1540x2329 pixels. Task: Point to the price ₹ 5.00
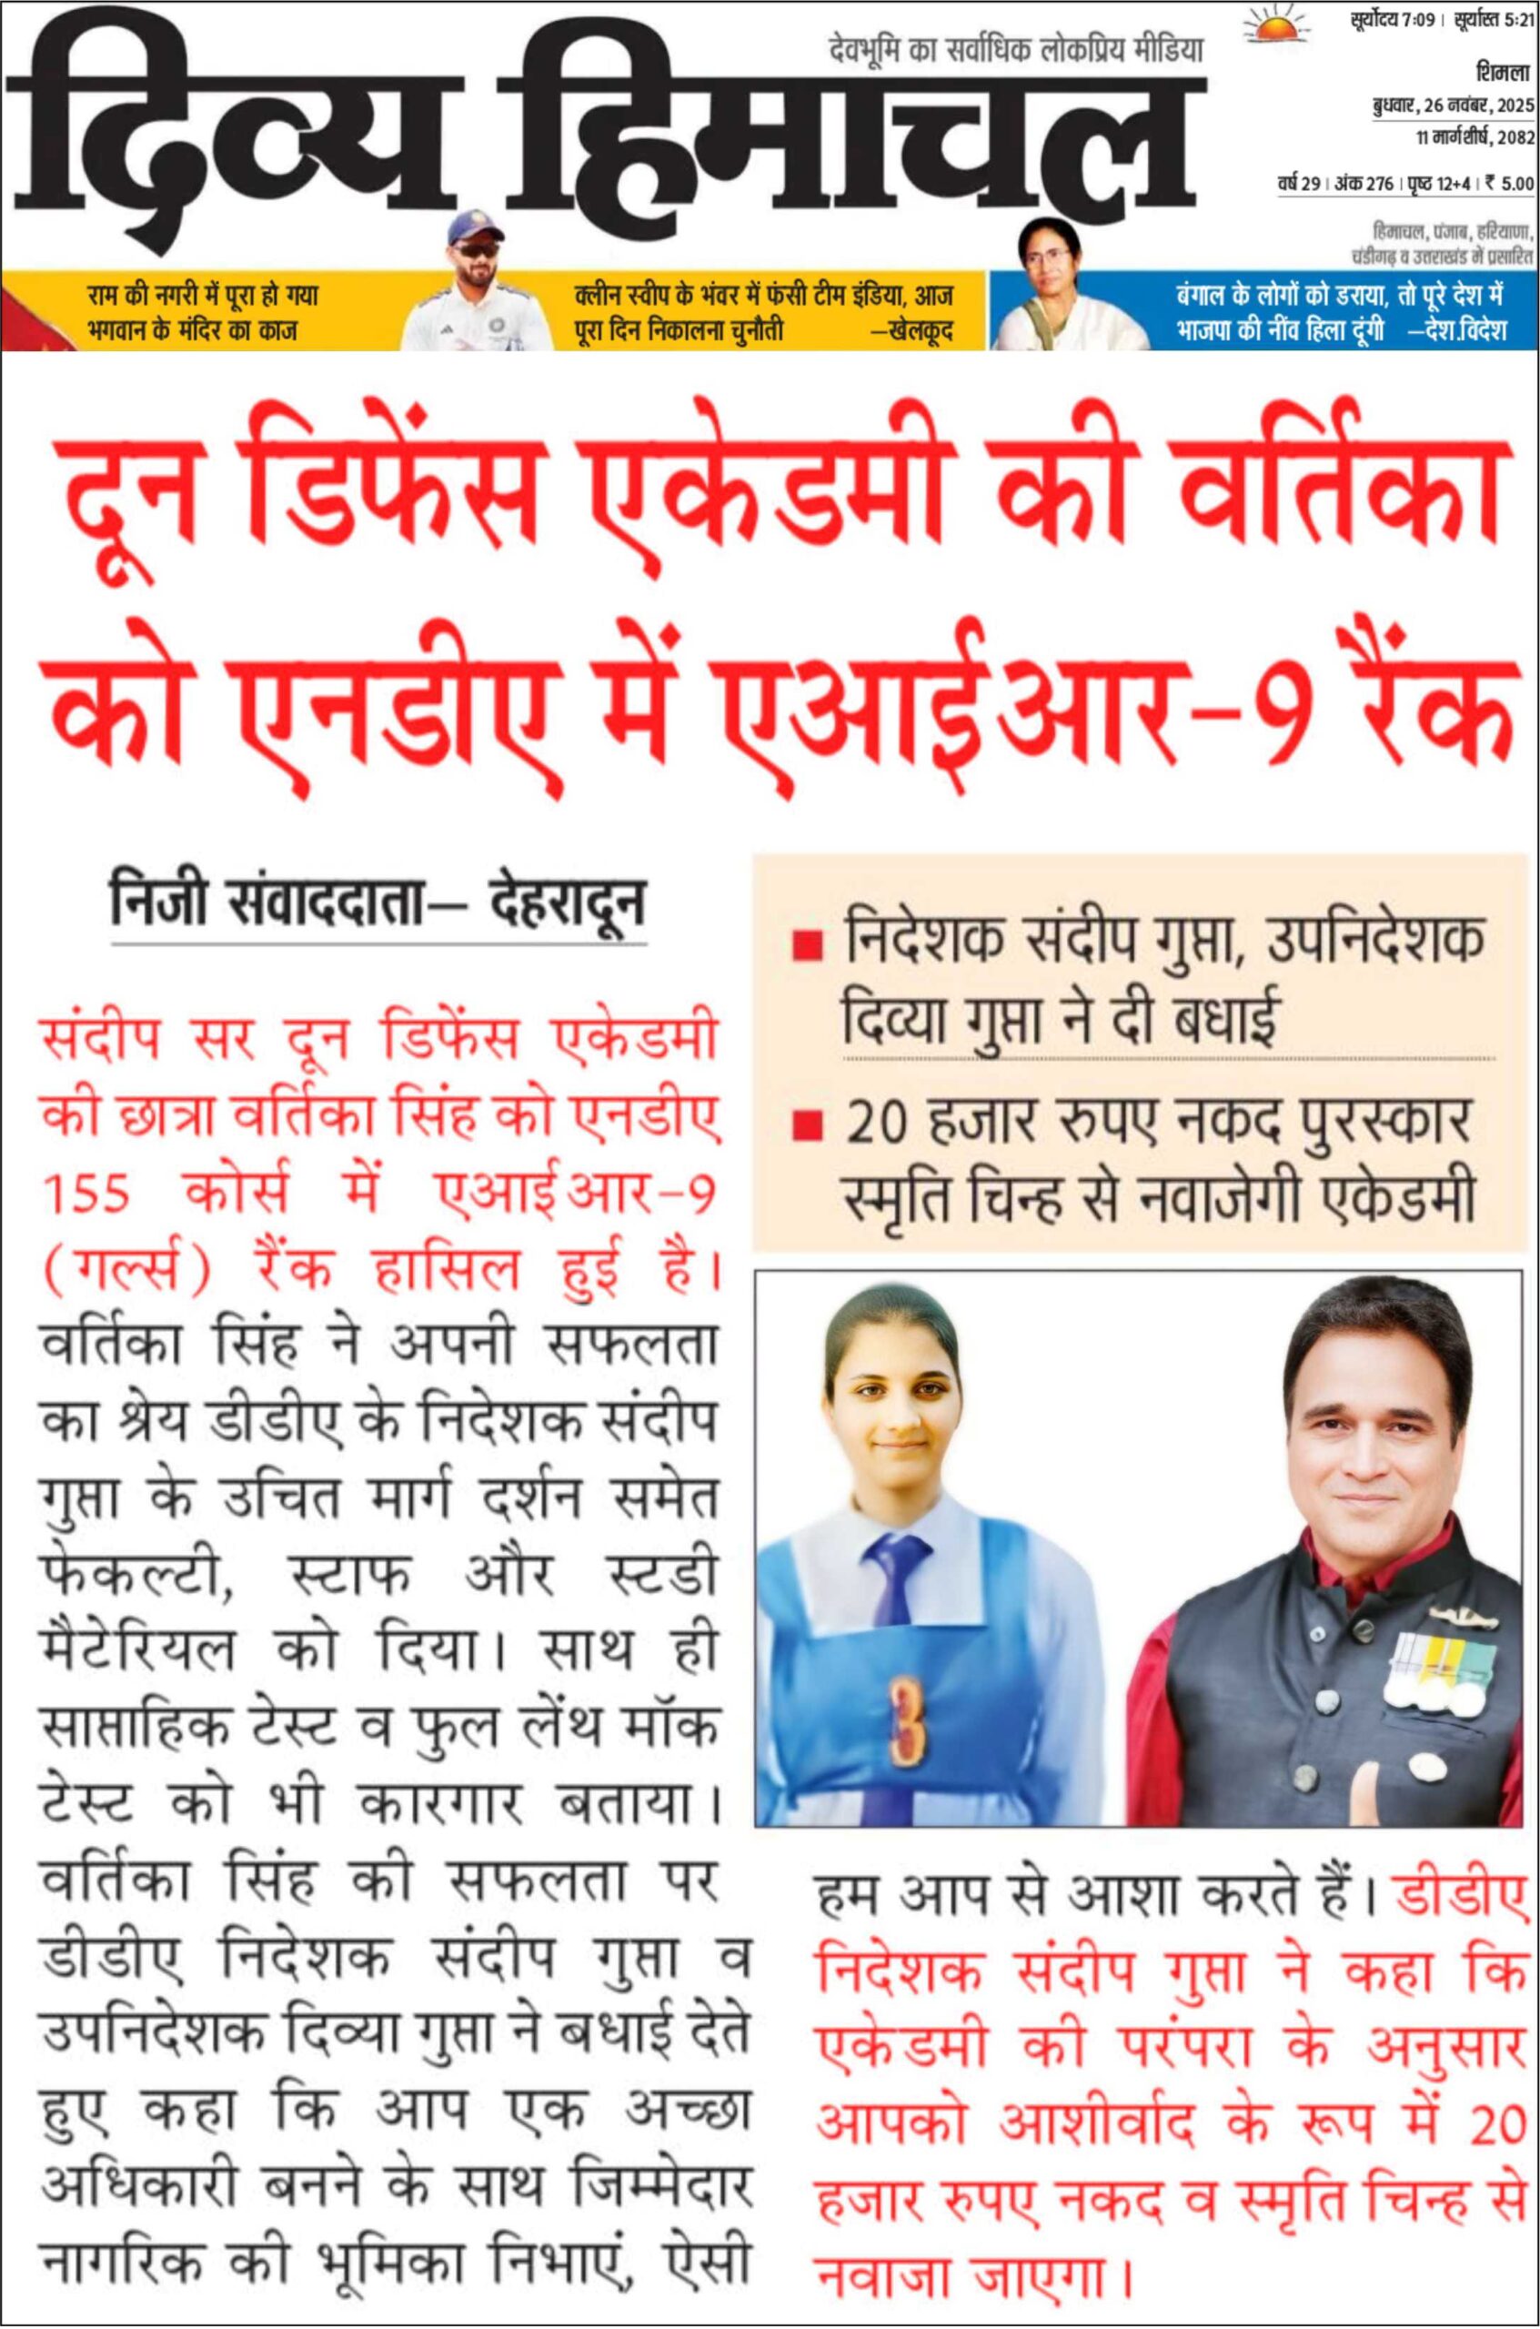point(1508,183)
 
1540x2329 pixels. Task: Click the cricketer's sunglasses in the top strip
point(479,249)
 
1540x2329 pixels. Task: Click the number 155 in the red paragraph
point(86,1194)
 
